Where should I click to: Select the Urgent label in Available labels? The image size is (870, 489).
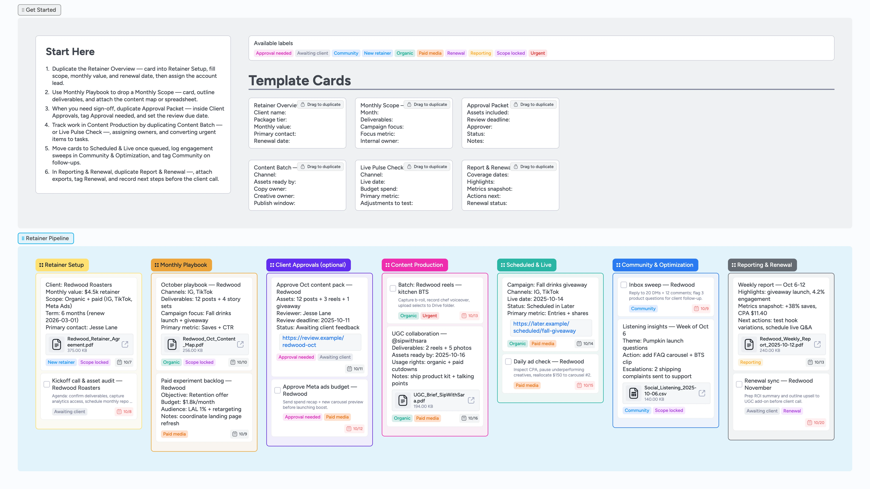[537, 53]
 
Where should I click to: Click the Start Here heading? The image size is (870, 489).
[70, 52]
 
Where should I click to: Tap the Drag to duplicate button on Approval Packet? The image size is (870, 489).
[533, 104]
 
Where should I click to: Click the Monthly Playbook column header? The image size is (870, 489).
[181, 265]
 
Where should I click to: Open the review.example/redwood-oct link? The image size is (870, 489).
[313, 341]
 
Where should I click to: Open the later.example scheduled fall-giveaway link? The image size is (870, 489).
[544, 327]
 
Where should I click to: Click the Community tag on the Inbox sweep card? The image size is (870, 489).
[643, 309]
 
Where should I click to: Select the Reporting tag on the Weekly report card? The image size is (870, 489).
[750, 362]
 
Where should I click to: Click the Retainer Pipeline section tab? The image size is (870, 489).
[46, 238]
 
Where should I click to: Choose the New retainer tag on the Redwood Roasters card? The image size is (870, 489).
[61, 362]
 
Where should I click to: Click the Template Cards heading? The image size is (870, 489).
[300, 80]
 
